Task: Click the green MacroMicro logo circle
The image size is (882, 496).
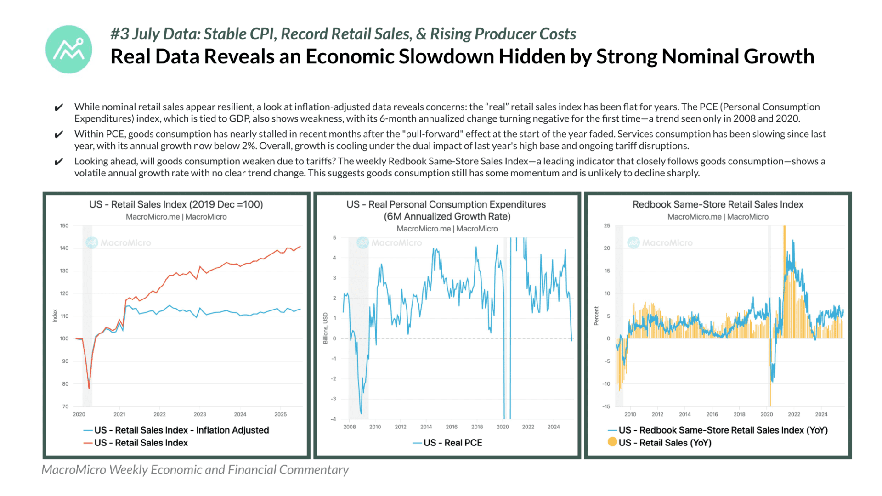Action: click(69, 49)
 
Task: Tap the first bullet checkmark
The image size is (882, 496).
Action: click(59, 107)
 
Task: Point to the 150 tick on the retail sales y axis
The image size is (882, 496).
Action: click(64, 225)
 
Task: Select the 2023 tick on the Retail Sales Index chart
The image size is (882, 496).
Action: click(200, 414)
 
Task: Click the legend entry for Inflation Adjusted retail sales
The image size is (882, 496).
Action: click(176, 430)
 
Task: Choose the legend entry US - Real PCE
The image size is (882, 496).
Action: click(447, 443)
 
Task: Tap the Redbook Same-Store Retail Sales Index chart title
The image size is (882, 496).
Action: click(718, 204)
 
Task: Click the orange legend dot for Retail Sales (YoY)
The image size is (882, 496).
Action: click(612, 442)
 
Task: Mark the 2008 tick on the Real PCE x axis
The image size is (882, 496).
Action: click(350, 427)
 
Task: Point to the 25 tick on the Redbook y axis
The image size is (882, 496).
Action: click(607, 225)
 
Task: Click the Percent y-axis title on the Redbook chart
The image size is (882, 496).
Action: click(596, 316)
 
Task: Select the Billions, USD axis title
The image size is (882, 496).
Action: click(325, 328)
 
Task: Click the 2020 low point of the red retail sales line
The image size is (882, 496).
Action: click(89, 389)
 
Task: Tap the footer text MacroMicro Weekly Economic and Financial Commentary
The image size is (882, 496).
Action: click(195, 470)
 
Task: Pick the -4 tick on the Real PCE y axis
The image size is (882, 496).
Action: click(334, 419)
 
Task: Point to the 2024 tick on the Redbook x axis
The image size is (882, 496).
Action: click(821, 414)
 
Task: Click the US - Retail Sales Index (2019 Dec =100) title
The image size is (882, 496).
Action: click(176, 204)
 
